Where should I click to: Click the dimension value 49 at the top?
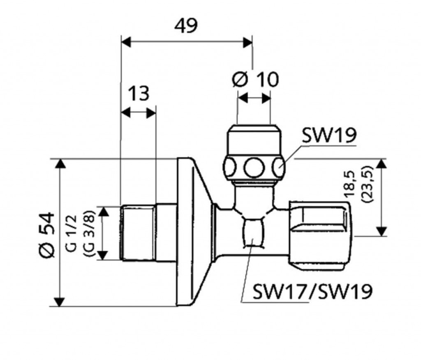[186, 26]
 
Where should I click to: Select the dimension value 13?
[139, 93]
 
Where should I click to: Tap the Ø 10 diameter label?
[255, 79]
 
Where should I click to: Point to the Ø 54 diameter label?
[47, 235]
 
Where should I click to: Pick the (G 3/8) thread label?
[89, 233]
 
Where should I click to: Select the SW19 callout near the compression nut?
[329, 136]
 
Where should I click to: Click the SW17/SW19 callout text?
[313, 291]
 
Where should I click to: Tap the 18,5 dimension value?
[350, 185]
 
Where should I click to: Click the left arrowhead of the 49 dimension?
[126, 42]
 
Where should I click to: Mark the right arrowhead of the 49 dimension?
[247, 42]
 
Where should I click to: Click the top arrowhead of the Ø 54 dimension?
[60, 164]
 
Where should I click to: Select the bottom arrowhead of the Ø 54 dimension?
[60, 302]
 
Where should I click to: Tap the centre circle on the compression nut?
[253, 168]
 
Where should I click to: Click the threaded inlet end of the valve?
[139, 233]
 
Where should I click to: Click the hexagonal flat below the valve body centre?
[253, 232]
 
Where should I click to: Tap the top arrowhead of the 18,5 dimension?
[382, 164]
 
